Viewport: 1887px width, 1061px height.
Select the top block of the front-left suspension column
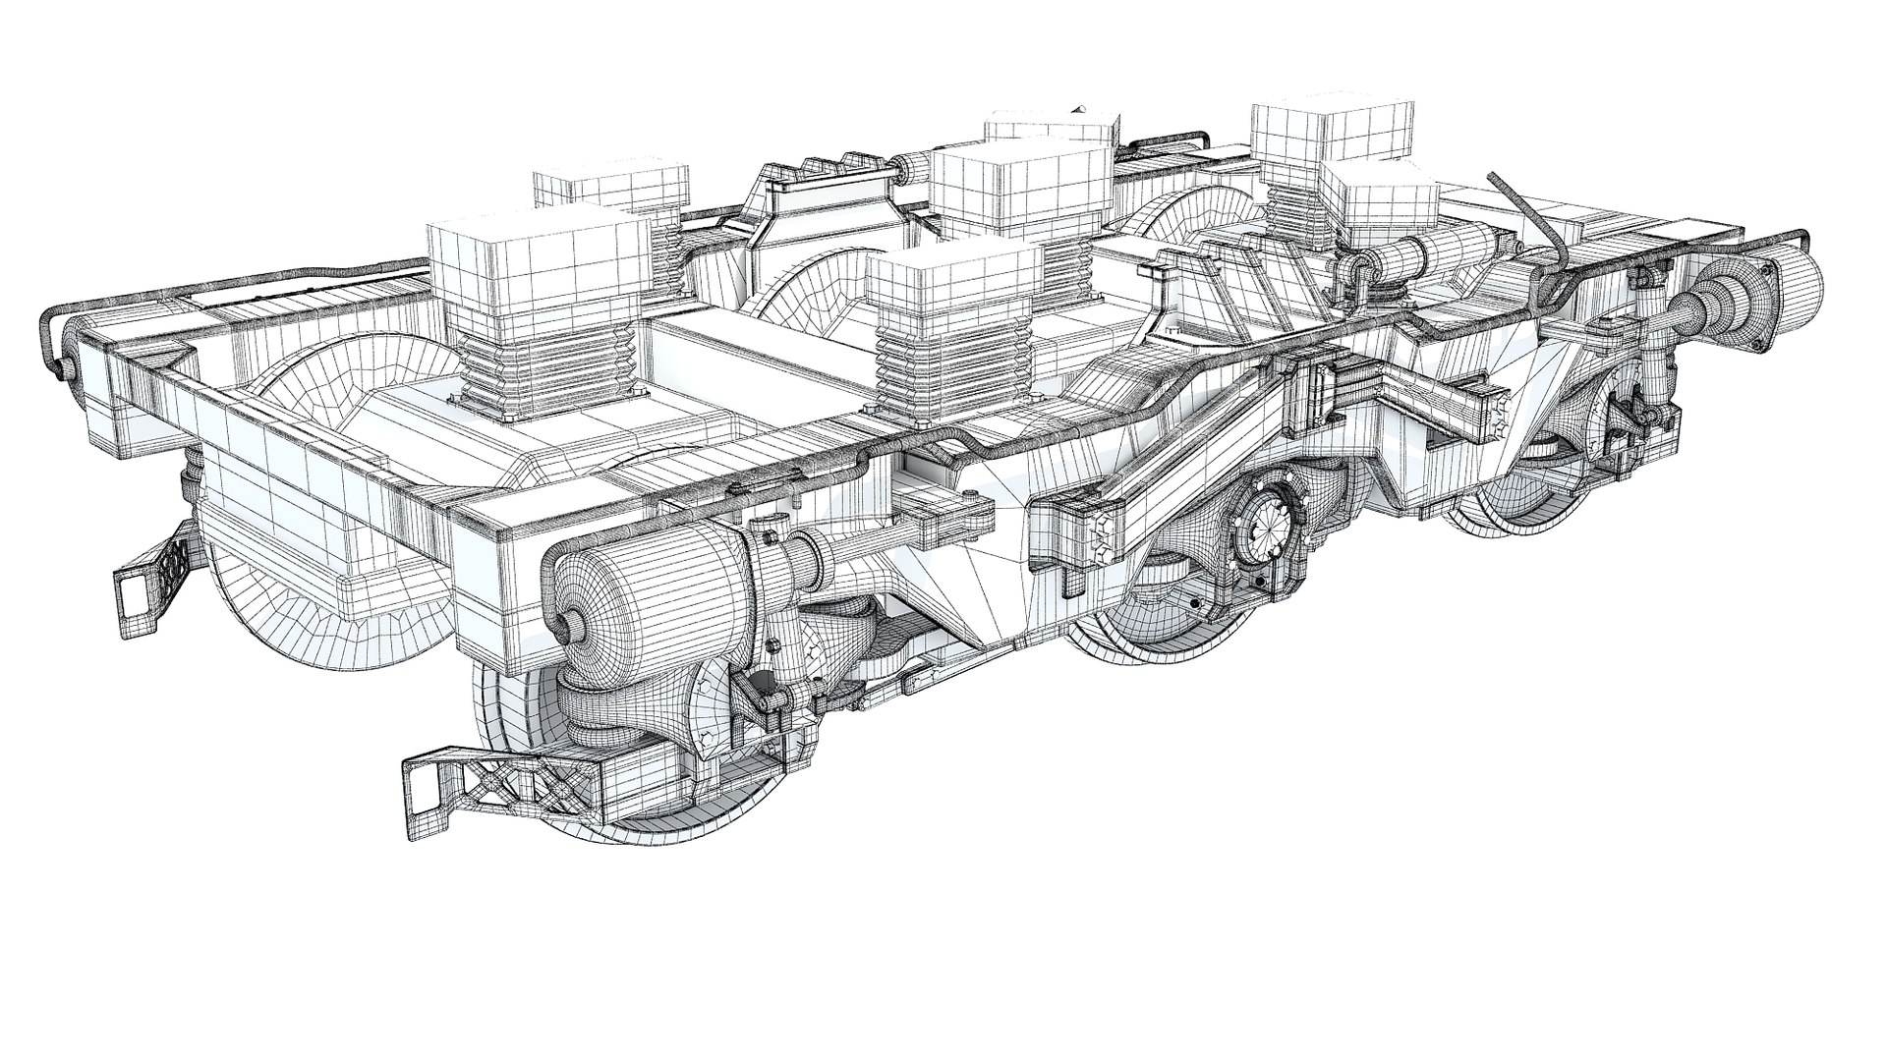(539, 261)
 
